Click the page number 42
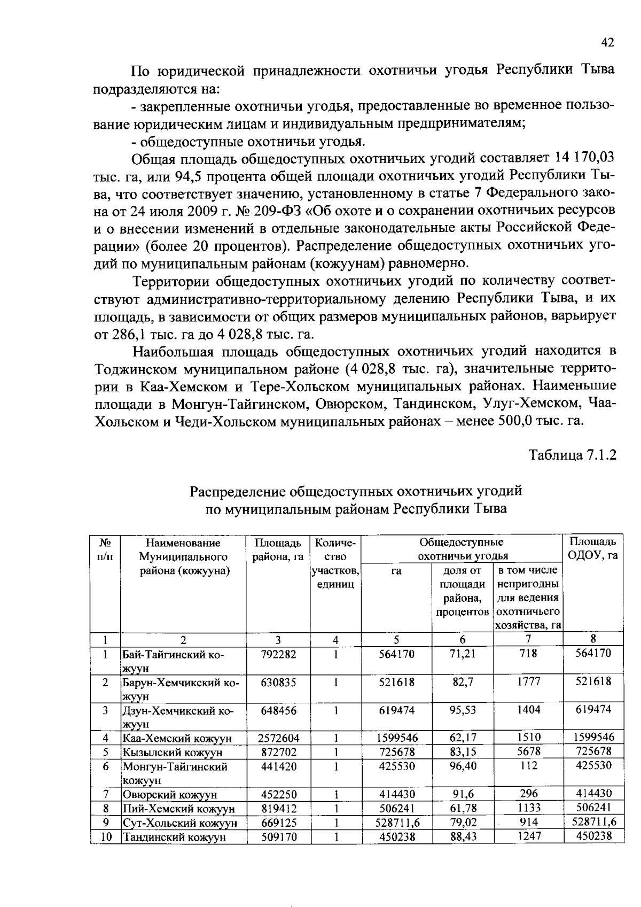(608, 43)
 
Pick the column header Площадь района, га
(278, 549)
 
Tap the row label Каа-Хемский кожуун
(177, 738)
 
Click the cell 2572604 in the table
(278, 738)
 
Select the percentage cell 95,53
(463, 710)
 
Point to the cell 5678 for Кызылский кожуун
(528, 751)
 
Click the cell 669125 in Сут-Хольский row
(278, 823)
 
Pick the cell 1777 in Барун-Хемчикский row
(528, 682)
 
